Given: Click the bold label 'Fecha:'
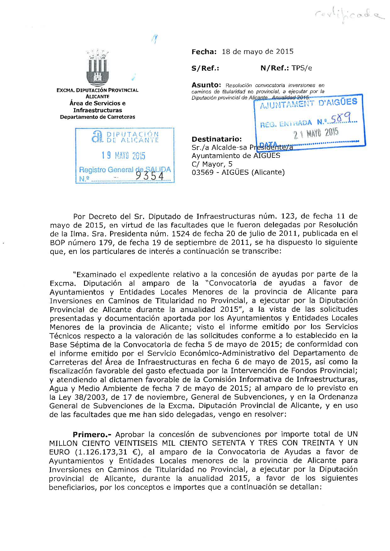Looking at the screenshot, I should [204, 52].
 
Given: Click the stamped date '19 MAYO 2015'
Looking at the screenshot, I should [123, 156].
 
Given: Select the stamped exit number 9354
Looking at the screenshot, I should [150, 177].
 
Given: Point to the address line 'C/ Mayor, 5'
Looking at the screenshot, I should [212, 164].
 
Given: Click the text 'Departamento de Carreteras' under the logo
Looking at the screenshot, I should [97, 117].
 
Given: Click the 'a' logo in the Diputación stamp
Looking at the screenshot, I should [97, 137].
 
